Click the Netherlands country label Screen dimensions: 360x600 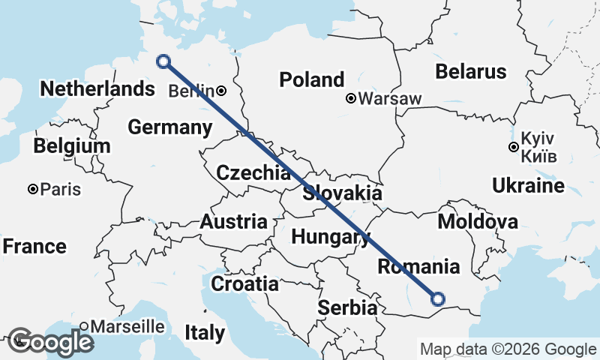click(x=97, y=88)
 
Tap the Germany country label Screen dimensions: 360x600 click(x=169, y=127)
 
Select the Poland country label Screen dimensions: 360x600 click(x=312, y=79)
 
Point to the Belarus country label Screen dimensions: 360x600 click(x=471, y=72)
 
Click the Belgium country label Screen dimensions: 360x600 click(x=72, y=145)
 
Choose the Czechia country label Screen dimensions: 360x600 click(x=253, y=173)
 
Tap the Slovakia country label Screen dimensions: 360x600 click(x=343, y=193)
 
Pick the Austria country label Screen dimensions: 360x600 click(x=233, y=222)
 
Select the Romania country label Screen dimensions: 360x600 click(x=418, y=266)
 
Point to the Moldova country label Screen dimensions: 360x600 click(x=478, y=222)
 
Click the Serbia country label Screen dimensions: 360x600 click(x=347, y=307)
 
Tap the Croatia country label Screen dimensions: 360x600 click(x=244, y=284)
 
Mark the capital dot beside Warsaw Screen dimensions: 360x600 click(x=350, y=98)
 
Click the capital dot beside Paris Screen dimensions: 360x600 click(x=33, y=190)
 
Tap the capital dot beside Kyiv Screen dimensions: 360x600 click(x=513, y=147)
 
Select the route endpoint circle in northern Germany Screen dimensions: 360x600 click(x=163, y=61)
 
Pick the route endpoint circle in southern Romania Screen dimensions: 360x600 click(x=439, y=299)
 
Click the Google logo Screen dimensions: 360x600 click(x=51, y=342)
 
